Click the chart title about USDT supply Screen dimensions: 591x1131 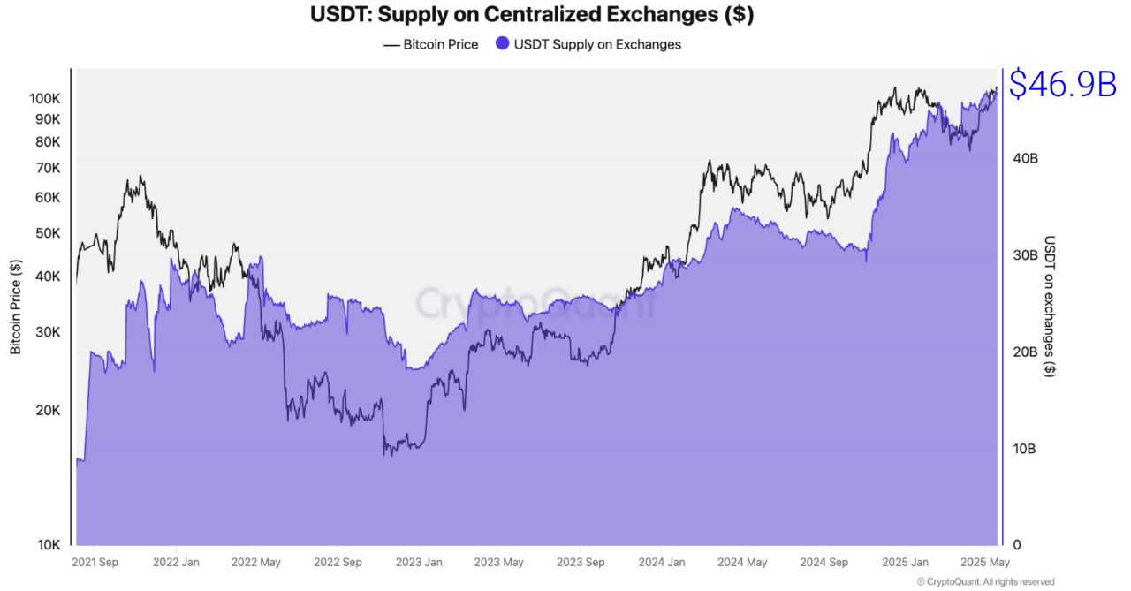coord(532,15)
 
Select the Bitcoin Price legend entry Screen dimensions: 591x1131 coord(431,44)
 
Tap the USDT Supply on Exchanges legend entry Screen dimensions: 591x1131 coord(588,44)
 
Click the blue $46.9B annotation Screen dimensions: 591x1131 coord(1063,85)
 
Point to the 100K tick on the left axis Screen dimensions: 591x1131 coord(43,98)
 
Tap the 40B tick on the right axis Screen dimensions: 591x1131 coord(1024,158)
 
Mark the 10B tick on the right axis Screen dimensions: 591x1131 coord(1024,449)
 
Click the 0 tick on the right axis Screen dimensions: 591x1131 coord(1016,545)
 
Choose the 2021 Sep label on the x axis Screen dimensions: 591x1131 coord(95,562)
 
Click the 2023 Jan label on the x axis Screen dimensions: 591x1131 coord(419,562)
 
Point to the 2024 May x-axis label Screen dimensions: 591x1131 coord(742,562)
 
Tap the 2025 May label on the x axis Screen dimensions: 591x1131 coord(985,562)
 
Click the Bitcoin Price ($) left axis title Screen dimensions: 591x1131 coord(16,307)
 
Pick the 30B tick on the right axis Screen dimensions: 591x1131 coord(1024,255)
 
